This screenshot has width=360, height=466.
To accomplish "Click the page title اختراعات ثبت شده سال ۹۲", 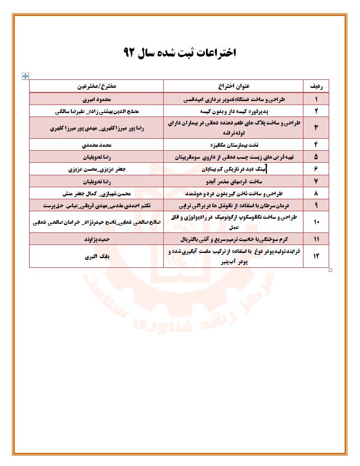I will click(x=179, y=53).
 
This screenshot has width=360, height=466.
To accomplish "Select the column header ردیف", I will click(x=316, y=86).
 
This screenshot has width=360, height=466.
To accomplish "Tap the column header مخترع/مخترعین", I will click(x=96, y=86).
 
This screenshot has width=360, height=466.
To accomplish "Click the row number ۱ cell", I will click(x=316, y=99).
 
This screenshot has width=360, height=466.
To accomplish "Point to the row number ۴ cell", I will click(x=316, y=145).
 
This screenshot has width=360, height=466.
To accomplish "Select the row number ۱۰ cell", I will click(x=316, y=221).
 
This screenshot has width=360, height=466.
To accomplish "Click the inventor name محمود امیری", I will click(x=96, y=99).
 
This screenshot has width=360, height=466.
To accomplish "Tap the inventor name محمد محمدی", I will click(x=96, y=145).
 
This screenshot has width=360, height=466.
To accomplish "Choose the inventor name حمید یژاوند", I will click(x=96, y=238).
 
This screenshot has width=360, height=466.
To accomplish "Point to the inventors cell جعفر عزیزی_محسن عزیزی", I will click(x=96, y=169).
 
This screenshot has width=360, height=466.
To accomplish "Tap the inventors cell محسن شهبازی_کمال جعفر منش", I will click(x=96, y=193).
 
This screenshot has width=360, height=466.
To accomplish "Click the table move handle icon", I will click(x=25, y=75).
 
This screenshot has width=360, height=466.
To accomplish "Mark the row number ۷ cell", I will click(x=316, y=181).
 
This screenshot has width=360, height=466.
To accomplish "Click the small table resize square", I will click(x=331, y=270).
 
